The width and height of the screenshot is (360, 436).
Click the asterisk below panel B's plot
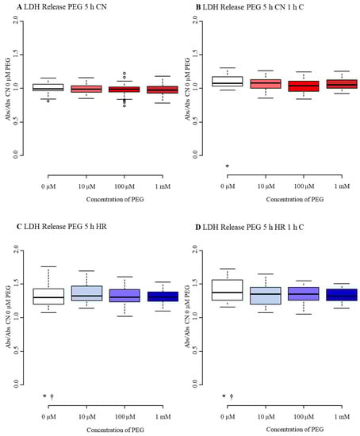[x=228, y=166]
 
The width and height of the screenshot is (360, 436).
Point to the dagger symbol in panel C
[x=52, y=396]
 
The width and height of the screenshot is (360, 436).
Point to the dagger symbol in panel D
[x=232, y=396]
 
